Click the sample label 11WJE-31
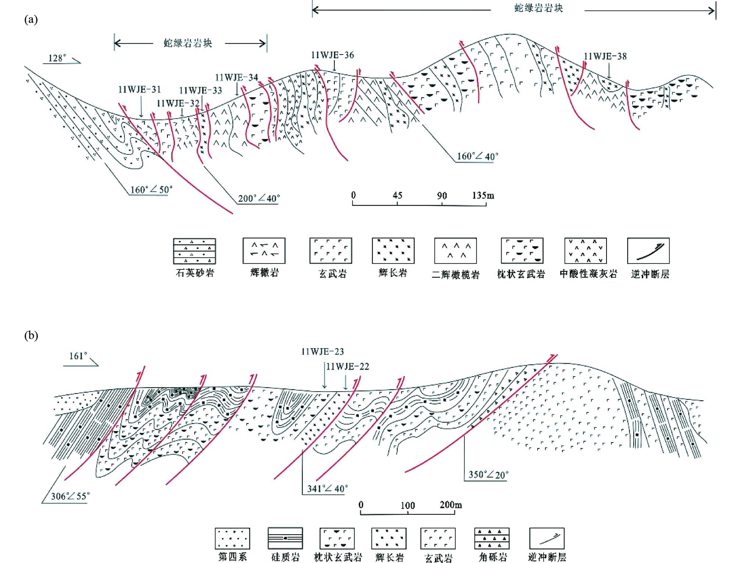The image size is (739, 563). (x=139, y=90)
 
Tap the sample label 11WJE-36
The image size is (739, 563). (x=332, y=55)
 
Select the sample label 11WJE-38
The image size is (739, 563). (x=605, y=56)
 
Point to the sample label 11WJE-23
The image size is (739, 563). (x=322, y=352)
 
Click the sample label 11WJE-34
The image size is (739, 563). (x=237, y=77)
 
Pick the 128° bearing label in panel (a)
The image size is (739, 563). (x=57, y=58)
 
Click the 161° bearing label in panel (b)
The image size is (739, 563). (x=78, y=356)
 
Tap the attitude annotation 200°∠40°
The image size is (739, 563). (x=259, y=198)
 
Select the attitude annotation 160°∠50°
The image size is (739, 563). (x=151, y=190)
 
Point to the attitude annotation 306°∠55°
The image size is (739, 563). (x=70, y=496)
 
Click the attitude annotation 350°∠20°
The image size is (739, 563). (x=488, y=475)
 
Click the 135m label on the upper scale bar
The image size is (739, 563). (x=483, y=195)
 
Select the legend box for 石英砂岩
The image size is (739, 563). (x=194, y=251)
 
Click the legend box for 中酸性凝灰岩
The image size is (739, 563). (x=586, y=251)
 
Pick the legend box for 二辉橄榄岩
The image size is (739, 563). (x=456, y=251)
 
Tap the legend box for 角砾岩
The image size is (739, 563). (x=492, y=538)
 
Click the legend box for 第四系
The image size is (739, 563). (x=232, y=538)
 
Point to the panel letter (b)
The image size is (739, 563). (x=31, y=335)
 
